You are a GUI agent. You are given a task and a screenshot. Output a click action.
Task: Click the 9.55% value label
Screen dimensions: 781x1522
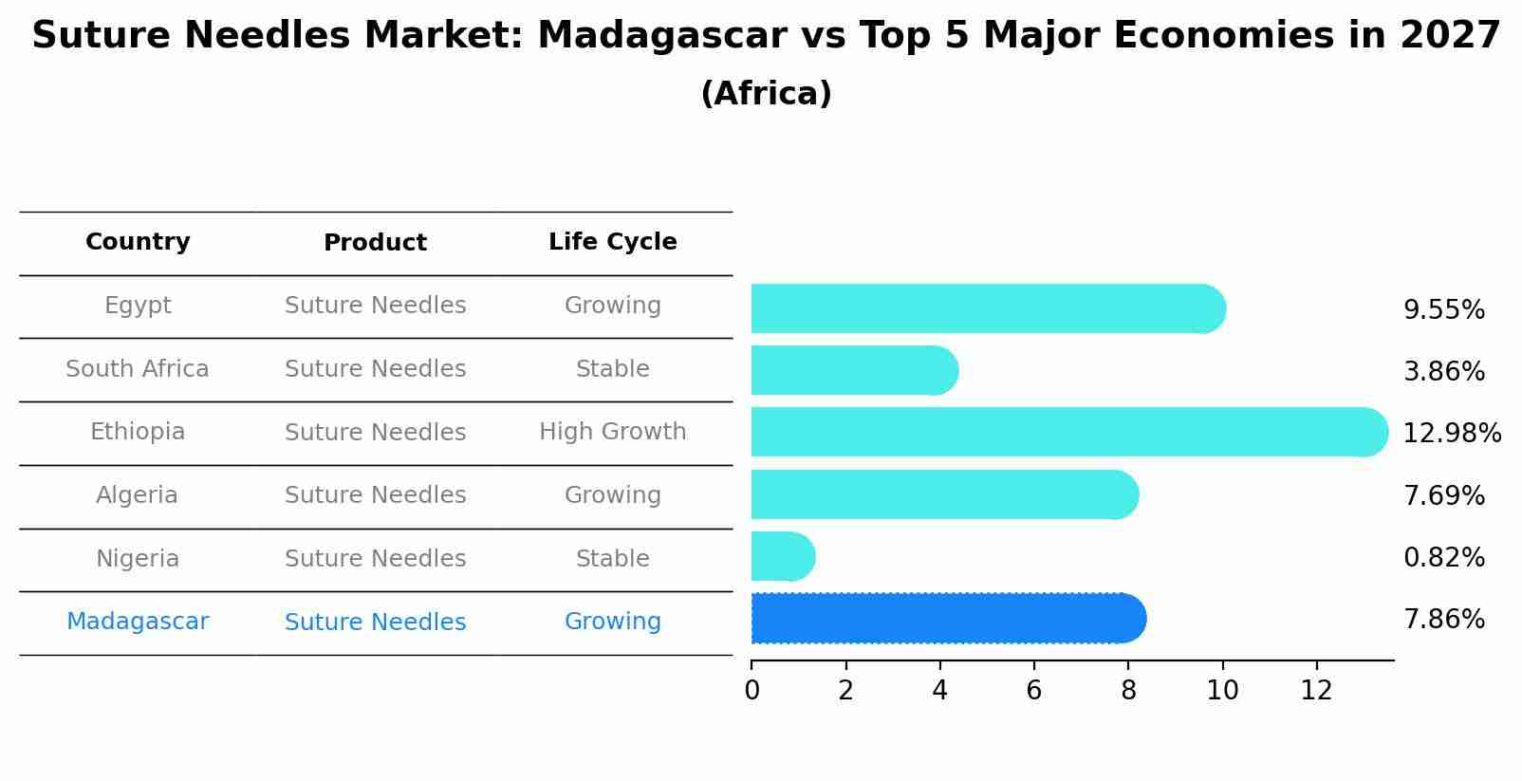(1443, 310)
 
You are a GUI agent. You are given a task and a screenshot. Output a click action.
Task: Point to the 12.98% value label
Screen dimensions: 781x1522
(1451, 434)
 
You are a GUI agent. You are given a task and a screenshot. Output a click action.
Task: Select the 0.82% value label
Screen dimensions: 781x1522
(1443, 558)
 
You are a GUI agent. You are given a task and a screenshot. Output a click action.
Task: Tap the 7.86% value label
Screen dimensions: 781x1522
(1443, 620)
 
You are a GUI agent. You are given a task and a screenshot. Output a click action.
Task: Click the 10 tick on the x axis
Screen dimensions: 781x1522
(1222, 691)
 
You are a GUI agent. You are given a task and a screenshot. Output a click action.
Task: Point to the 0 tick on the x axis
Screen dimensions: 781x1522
(752, 691)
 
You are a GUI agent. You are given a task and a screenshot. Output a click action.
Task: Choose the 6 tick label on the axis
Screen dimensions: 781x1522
(1033, 691)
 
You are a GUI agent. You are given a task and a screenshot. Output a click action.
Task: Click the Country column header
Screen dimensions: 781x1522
(138, 242)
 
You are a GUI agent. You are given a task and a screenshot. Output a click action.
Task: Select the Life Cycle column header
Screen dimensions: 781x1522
(612, 242)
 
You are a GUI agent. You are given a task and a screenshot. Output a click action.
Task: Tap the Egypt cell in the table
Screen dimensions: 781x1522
(138, 306)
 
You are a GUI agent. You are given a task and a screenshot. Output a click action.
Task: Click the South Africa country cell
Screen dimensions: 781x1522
(138, 369)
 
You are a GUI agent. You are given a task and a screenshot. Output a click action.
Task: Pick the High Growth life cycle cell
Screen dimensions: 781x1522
(612, 432)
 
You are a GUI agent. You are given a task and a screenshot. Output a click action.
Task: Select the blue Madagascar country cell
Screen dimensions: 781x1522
(138, 622)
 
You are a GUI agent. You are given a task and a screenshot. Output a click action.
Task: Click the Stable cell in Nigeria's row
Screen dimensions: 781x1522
(612, 559)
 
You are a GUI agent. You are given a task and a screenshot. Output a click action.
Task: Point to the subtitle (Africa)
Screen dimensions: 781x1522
(766, 94)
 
